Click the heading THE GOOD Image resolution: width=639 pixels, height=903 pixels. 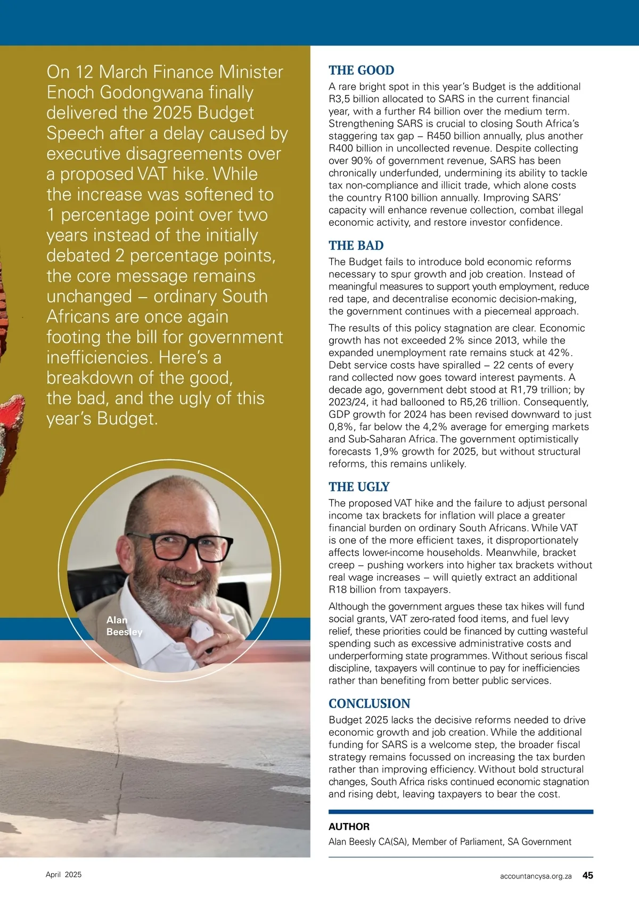(361, 70)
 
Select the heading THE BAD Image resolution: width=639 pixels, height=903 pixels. (356, 245)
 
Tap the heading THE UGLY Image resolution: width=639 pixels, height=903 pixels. (359, 487)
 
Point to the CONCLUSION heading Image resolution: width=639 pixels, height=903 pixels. (369, 703)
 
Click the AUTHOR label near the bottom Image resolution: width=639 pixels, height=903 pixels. (349, 826)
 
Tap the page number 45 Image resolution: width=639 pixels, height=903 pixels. (587, 875)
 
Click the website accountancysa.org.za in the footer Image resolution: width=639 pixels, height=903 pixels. (536, 876)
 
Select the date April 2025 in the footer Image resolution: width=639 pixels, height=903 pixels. (63, 875)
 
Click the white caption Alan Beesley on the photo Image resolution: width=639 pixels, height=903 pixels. (124, 626)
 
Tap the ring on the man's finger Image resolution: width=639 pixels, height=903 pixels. (227, 637)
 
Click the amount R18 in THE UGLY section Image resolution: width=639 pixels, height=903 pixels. (337, 589)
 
